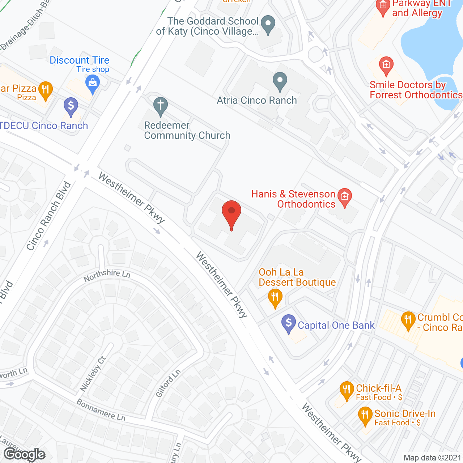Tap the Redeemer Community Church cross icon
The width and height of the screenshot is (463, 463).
coord(161,106)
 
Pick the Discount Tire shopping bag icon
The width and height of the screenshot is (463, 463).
coord(93,84)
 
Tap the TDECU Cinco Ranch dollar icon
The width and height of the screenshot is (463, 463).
coord(71,106)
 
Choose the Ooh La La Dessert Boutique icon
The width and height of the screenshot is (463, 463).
coord(275,298)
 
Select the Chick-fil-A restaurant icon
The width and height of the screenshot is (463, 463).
coord(347,390)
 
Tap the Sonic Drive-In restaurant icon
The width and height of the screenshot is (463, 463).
coord(365,415)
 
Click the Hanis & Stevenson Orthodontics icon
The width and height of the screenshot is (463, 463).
coord(345,197)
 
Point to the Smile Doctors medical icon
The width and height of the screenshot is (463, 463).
coord(386,65)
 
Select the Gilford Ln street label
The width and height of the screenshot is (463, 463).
coord(168,383)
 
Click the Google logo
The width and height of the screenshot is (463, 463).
coord(25,454)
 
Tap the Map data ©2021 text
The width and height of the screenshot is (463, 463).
coord(432,458)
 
